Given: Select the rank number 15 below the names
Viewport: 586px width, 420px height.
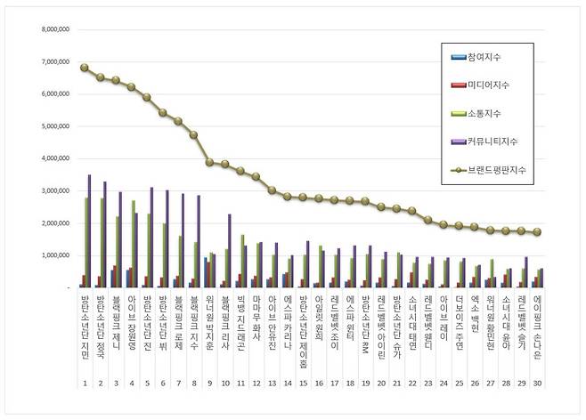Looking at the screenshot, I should tap(303, 384).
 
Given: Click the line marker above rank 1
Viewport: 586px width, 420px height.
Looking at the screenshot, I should tap(84, 68).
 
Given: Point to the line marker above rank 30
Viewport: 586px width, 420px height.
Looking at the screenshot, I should tap(537, 232).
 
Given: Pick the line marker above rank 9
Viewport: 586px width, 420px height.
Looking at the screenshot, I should tap(208, 162).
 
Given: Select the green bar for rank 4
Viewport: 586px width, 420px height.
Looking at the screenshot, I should tap(133, 244).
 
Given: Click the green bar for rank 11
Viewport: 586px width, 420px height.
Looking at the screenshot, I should tap(240, 261).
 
